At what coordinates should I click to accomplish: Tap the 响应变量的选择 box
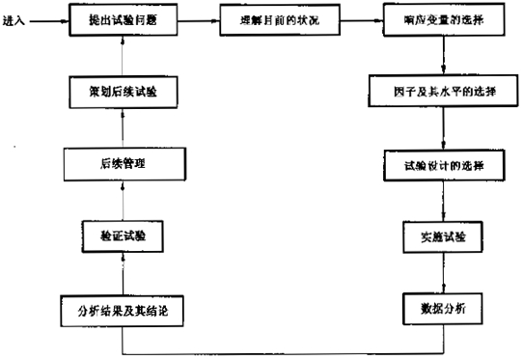443,17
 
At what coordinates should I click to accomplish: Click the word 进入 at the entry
15,18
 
